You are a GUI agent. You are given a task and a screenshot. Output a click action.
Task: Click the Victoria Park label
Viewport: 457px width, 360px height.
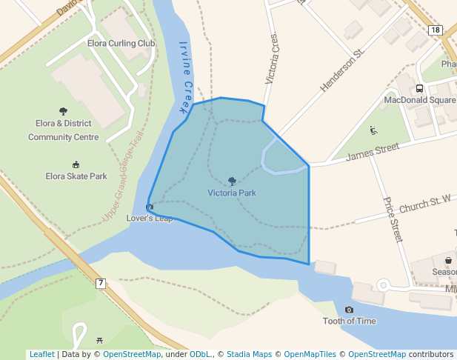232,193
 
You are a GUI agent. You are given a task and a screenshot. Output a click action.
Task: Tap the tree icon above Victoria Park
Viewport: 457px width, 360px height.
232,181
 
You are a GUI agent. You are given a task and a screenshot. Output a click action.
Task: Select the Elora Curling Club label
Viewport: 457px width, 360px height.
121,44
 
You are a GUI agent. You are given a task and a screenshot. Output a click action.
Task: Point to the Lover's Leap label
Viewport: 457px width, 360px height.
150,219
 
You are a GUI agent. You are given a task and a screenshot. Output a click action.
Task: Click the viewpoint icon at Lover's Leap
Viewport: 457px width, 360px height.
150,207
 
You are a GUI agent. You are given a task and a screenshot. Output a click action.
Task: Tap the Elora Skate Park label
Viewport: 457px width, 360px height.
76,176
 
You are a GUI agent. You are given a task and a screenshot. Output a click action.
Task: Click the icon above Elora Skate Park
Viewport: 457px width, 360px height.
76,164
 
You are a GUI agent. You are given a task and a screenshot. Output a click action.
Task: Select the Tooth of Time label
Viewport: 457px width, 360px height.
349,321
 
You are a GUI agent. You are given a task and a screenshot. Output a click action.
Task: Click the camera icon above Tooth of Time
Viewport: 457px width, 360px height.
349,310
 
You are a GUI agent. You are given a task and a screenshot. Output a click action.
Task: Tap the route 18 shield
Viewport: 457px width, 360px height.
435,30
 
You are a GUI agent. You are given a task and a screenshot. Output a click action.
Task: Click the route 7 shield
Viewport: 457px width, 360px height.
101,283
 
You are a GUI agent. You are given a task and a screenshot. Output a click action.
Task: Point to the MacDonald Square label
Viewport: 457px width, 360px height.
420,100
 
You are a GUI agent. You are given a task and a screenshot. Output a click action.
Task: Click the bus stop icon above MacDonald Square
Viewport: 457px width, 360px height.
420,88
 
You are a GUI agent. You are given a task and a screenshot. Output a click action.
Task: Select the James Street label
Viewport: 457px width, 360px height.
373,153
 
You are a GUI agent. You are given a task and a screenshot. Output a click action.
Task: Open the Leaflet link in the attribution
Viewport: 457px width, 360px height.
41,354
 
